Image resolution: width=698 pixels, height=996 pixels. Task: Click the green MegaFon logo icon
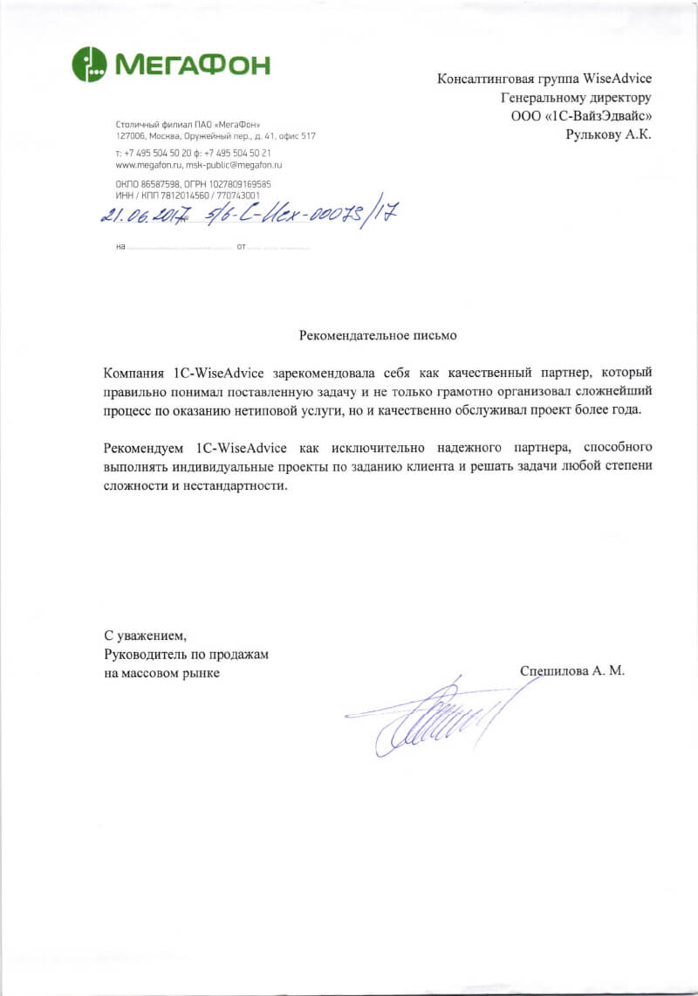coord(89,64)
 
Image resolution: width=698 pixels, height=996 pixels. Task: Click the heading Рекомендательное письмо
coord(377,334)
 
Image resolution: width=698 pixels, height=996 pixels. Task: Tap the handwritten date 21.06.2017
coord(146,214)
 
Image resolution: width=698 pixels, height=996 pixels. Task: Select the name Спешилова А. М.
coord(572,671)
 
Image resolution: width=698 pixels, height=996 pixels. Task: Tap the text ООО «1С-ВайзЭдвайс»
coord(581,115)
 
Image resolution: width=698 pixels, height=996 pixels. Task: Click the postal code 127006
coord(131,136)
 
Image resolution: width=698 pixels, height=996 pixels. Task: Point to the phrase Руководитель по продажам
coord(186,654)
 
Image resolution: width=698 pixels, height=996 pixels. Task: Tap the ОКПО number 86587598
coord(156,184)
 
